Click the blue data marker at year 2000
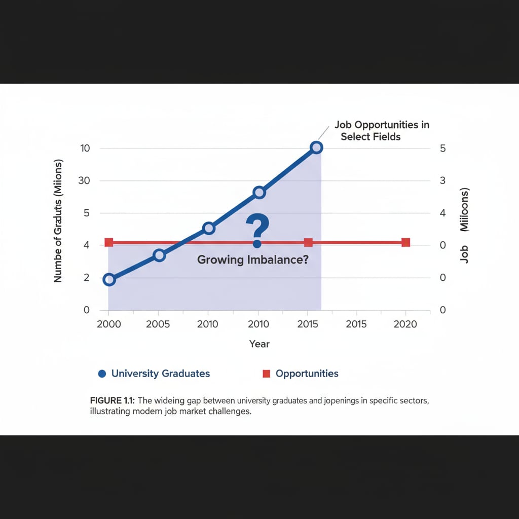108,279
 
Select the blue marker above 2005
159,255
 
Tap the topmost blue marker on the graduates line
316,147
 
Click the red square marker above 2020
405,243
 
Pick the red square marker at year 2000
108,243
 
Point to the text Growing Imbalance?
253,260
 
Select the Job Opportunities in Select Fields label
381,131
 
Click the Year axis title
259,344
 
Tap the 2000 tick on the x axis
108,324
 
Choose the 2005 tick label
158,324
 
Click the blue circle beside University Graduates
101,374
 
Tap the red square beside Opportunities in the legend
266,374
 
